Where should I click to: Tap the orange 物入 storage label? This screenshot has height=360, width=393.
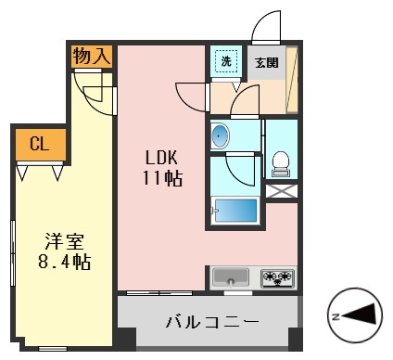coord(92,57)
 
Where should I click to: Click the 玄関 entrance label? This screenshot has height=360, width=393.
coord(266,63)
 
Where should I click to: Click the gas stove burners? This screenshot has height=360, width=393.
coord(277,276)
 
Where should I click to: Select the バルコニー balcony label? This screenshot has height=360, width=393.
coord(211,324)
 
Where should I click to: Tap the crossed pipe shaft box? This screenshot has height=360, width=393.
coord(281,192)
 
